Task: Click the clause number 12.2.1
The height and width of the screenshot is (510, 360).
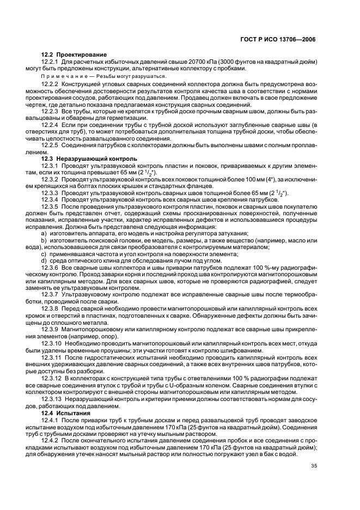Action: pyautogui.click(x=50, y=62)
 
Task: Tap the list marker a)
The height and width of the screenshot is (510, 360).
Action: pyautogui.click(x=45, y=234)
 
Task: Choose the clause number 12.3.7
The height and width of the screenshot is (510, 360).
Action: pyautogui.click(x=50, y=293)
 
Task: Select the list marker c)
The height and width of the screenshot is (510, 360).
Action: pyautogui.click(x=45, y=253)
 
